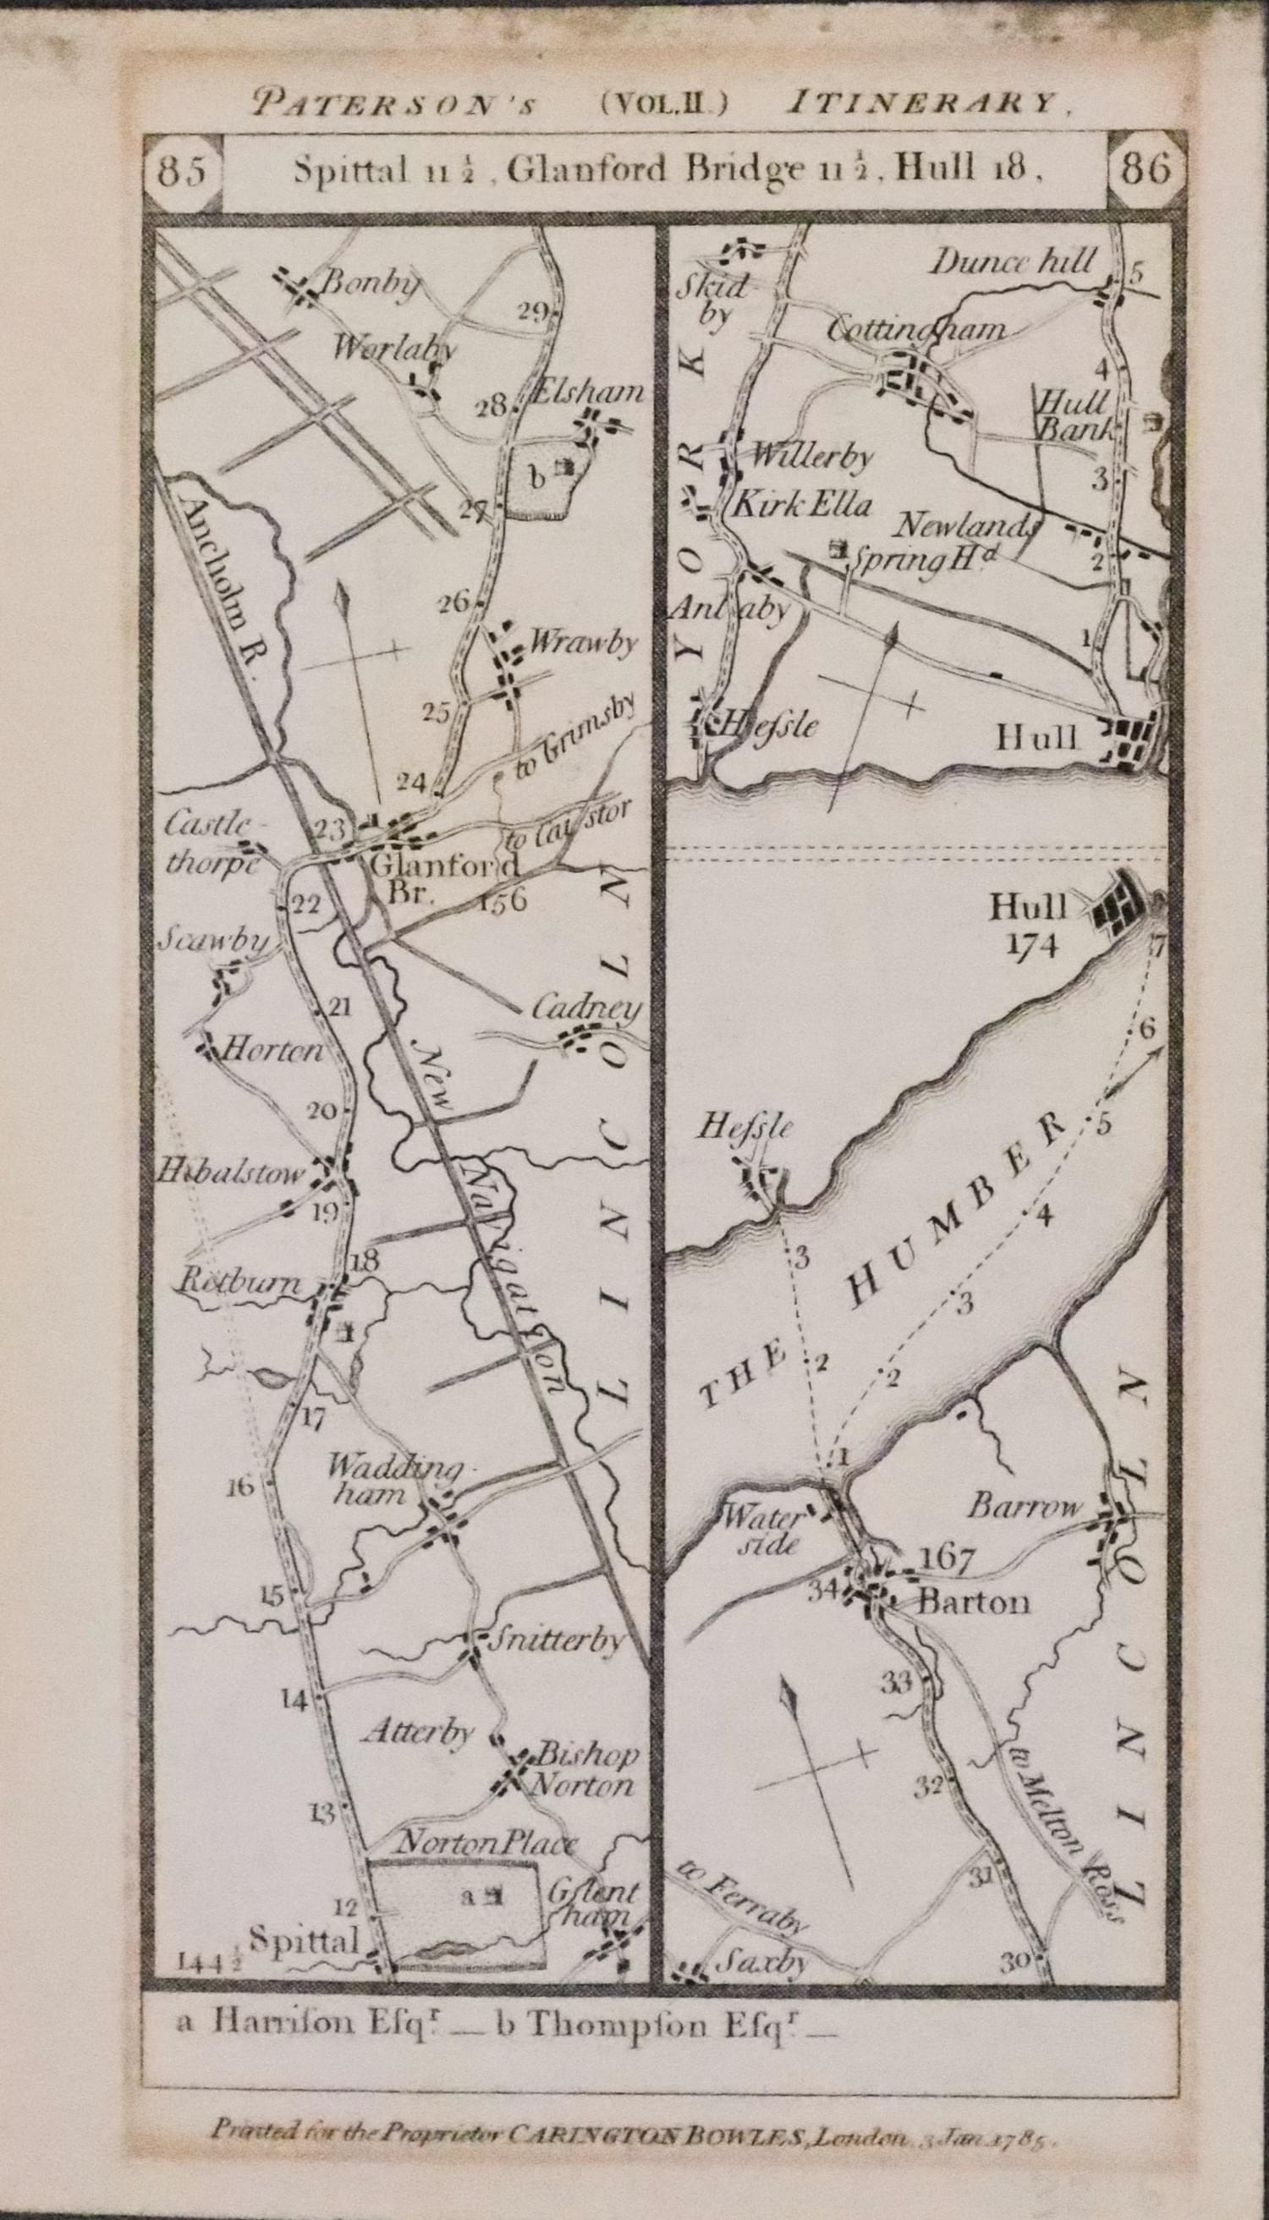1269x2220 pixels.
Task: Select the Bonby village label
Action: tap(371, 283)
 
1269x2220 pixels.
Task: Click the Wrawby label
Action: tap(583, 643)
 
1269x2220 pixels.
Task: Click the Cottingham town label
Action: tap(915, 330)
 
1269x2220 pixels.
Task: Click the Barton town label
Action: tap(974, 1602)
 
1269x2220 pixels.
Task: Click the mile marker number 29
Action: tap(532, 312)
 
